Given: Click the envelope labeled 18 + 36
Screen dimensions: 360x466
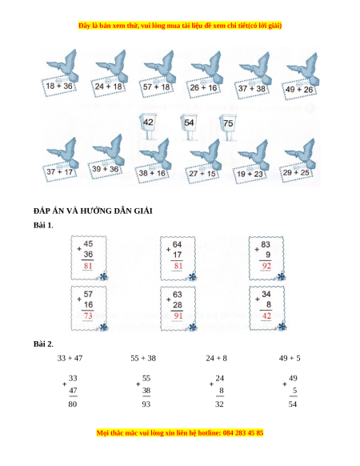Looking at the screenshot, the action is pos(59,86).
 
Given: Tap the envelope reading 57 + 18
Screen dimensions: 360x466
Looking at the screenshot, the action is pos(156,86).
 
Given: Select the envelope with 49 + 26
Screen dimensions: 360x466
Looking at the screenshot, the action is pos(299,89).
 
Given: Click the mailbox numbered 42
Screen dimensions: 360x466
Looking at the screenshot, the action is pos(148,126).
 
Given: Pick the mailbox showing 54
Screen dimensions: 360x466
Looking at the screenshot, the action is pos(189,127).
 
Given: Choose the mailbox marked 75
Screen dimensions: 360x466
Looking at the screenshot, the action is pos(228,127).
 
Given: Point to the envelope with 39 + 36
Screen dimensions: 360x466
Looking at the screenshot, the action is pos(105,169).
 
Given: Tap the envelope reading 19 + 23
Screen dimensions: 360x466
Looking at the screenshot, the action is pos(250,174).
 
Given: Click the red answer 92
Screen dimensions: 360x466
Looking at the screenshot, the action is pos(266,266).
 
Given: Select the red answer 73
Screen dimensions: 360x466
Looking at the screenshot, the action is pos(88,315).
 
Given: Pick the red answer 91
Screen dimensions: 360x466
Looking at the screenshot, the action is pos(178,315).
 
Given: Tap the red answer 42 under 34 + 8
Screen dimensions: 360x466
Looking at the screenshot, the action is pos(266,315).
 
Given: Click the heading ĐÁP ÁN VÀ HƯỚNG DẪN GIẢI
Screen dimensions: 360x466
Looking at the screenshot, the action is pos(93,211).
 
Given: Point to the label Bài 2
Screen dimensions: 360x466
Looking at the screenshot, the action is pos(42,343).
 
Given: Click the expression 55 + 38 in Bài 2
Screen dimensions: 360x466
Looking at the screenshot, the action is pos(143,358).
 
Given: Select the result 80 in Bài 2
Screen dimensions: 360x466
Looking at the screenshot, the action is pos(73,404).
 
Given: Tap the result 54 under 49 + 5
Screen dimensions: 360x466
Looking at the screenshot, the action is pos(293,404).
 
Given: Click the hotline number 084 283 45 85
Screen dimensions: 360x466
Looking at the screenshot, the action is pos(243,432).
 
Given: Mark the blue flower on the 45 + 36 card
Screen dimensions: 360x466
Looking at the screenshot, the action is pos(103,277).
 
